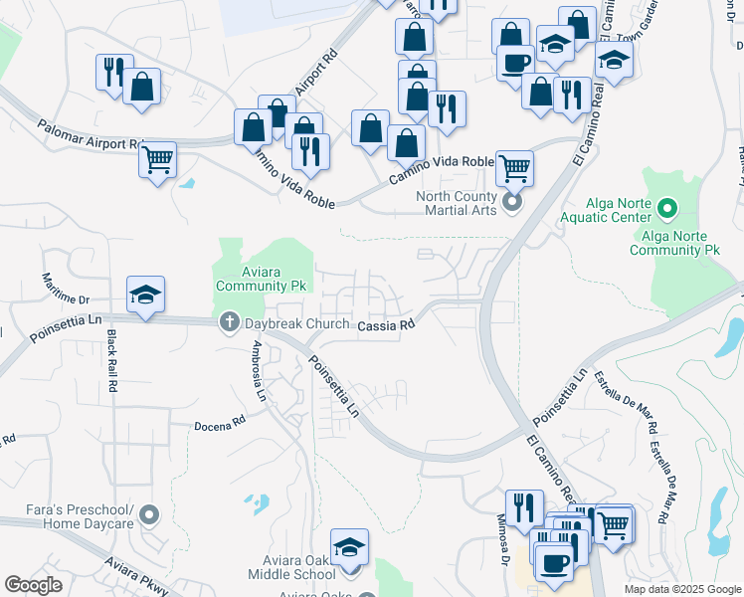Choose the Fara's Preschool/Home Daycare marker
(x=149, y=514)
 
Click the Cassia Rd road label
(x=385, y=325)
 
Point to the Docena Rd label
(x=220, y=424)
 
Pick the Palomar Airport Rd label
(x=89, y=135)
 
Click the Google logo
(x=34, y=585)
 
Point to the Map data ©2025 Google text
(x=681, y=589)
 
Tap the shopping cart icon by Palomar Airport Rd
(x=158, y=157)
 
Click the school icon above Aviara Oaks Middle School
(x=349, y=547)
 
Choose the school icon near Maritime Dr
(x=145, y=295)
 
